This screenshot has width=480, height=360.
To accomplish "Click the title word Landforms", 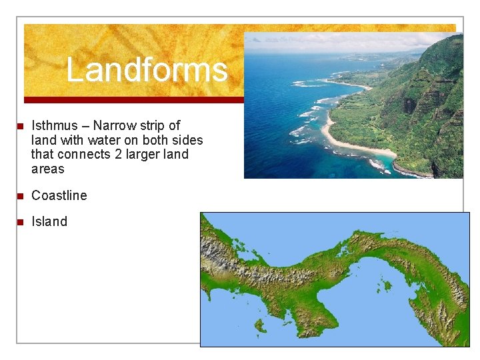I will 147,70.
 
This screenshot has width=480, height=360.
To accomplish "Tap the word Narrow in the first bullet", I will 114,125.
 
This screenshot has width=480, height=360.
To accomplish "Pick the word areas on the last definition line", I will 47,169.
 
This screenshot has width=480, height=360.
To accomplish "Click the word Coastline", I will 59,195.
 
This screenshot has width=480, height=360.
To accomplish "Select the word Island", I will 49,221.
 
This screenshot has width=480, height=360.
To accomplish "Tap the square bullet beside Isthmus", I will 21,126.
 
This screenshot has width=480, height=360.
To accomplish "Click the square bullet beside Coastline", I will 21,196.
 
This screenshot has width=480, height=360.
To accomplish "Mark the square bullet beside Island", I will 21,222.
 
